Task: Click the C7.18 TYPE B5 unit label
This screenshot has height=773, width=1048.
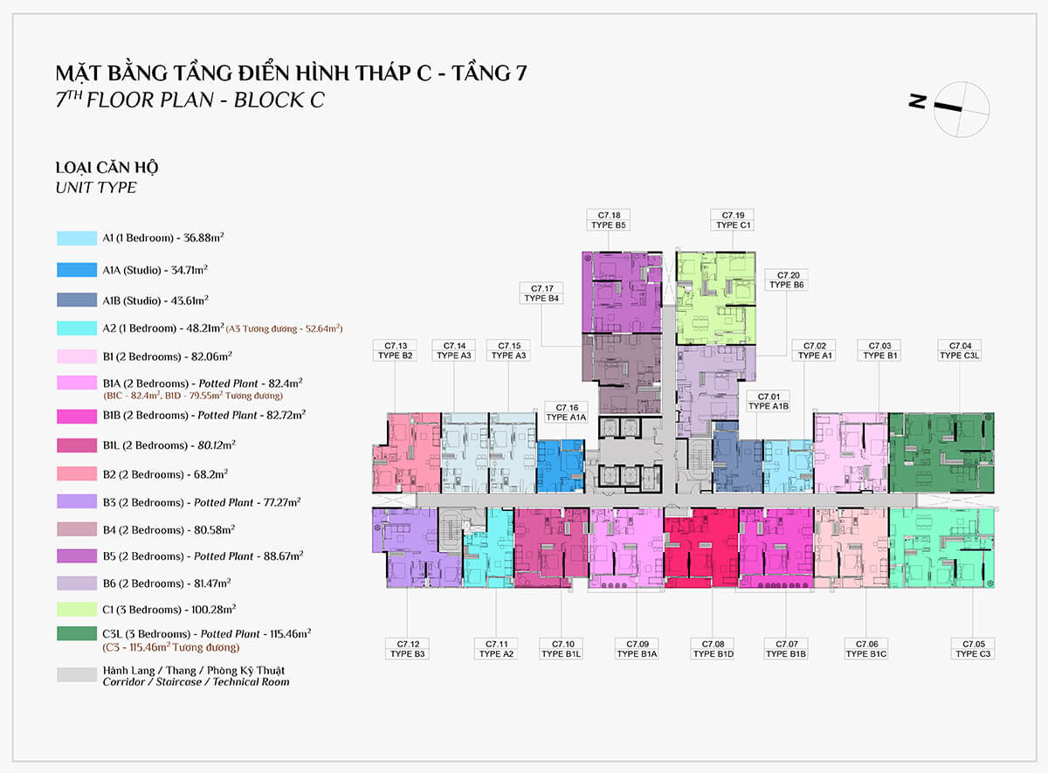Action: pyautogui.click(x=608, y=220)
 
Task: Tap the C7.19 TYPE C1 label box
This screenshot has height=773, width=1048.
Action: pyautogui.click(x=732, y=220)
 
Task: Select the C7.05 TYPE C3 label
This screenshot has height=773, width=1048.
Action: pyautogui.click(x=973, y=648)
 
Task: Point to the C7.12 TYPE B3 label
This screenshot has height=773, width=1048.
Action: pyautogui.click(x=407, y=648)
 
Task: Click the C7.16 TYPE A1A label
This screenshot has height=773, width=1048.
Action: pyautogui.click(x=566, y=412)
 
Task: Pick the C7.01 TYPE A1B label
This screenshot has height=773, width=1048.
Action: pyautogui.click(x=769, y=401)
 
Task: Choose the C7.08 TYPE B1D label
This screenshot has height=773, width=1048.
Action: pyautogui.click(x=713, y=648)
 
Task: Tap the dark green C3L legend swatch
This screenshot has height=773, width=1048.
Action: pyautogui.click(x=77, y=633)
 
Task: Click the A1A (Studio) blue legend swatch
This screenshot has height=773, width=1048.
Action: pyautogui.click(x=77, y=270)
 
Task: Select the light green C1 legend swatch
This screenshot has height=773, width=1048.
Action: pyautogui.click(x=77, y=610)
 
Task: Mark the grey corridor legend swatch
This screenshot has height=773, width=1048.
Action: pyautogui.click(x=77, y=674)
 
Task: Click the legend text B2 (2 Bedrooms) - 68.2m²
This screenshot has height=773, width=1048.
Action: pyautogui.click(x=165, y=474)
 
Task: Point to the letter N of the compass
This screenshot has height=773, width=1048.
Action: pyautogui.click(x=918, y=101)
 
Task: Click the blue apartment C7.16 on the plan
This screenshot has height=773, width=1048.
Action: pyautogui.click(x=561, y=466)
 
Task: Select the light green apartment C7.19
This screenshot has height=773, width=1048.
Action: pyautogui.click(x=716, y=299)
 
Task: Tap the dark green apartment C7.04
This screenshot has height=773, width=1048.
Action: pyautogui.click(x=941, y=452)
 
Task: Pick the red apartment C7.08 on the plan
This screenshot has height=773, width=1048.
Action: pyautogui.click(x=701, y=548)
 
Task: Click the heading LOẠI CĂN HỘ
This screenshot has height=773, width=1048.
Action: pyautogui.click(x=107, y=167)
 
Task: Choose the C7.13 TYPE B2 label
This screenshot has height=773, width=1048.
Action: pyautogui.click(x=395, y=350)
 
